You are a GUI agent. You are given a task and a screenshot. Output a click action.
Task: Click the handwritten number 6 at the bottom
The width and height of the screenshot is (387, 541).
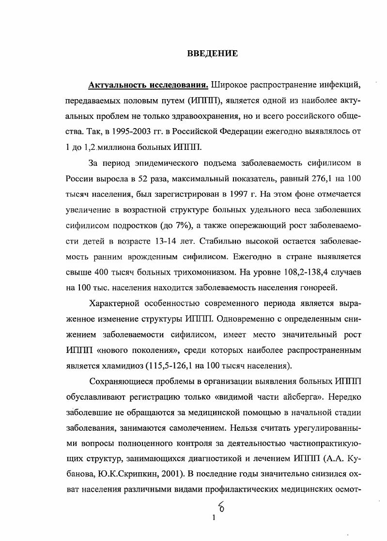coord(221,506)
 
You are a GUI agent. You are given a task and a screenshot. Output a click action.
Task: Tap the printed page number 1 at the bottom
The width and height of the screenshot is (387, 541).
coord(214,518)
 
